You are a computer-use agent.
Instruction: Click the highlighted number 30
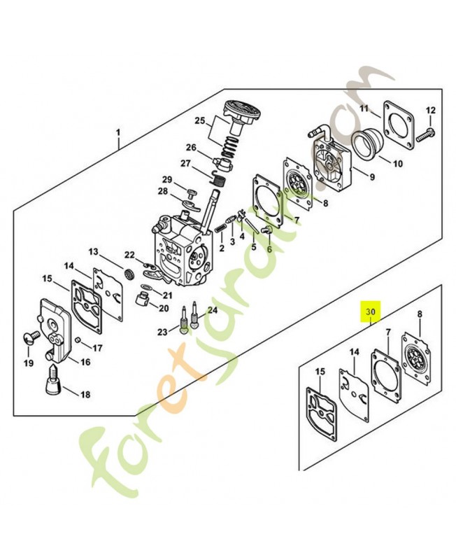coord(371,311)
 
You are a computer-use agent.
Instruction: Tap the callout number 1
coord(118,133)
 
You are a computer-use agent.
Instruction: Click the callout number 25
coord(200,120)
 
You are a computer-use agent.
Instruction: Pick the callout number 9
coord(371,177)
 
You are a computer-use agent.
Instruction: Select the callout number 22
coord(129,255)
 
